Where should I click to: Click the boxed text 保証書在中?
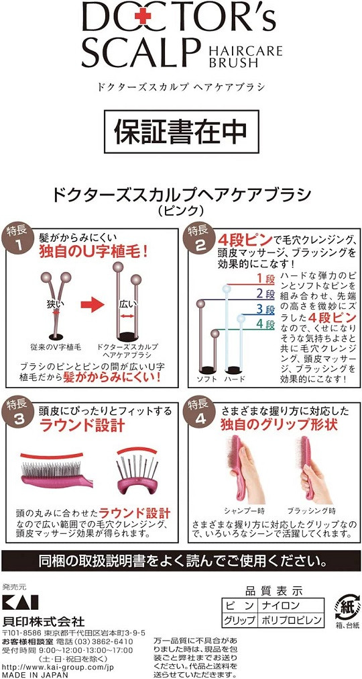(x=181, y=130)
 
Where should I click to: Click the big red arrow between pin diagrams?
(x=93, y=304)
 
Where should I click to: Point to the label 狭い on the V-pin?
(x=55, y=304)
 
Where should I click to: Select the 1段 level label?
(x=265, y=278)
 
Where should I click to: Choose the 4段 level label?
(x=265, y=324)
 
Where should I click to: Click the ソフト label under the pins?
(x=207, y=379)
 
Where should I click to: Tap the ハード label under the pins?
(x=234, y=379)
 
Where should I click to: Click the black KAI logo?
(x=20, y=602)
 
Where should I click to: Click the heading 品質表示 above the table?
(x=274, y=591)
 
